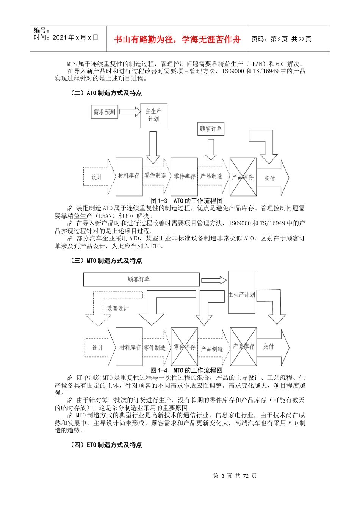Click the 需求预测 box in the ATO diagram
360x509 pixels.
104,112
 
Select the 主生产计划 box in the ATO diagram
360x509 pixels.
153,115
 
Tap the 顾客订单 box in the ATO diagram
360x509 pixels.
211,129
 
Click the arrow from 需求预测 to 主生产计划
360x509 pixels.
130,112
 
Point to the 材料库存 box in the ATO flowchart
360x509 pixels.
129,176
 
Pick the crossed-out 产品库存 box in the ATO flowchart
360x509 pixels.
243,177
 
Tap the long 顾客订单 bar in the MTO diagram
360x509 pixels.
141,279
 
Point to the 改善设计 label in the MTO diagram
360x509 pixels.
118,308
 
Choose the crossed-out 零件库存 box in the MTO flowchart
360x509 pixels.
185,347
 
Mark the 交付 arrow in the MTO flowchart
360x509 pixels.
272,347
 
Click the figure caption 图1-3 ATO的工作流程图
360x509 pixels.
186,201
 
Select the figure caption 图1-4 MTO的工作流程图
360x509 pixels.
186,370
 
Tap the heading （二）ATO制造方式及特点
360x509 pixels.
106,93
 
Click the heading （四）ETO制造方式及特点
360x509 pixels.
106,445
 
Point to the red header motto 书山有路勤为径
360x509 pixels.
177,39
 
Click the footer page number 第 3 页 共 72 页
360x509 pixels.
235,476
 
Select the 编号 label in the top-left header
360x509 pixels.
42,30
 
